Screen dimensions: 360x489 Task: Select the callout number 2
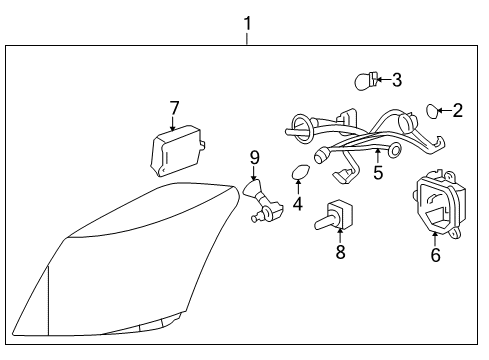(457, 111)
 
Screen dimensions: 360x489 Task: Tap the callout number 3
(397, 79)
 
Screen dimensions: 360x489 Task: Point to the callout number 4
(297, 204)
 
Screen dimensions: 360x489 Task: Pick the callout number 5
(377, 172)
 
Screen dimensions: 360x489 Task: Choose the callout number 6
(435, 255)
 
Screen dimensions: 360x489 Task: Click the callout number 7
(174, 107)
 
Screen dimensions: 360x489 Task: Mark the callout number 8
(340, 253)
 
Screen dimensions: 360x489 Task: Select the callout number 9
(254, 157)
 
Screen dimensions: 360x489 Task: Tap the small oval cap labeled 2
(434, 109)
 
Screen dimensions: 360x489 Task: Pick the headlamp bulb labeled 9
(262, 197)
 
